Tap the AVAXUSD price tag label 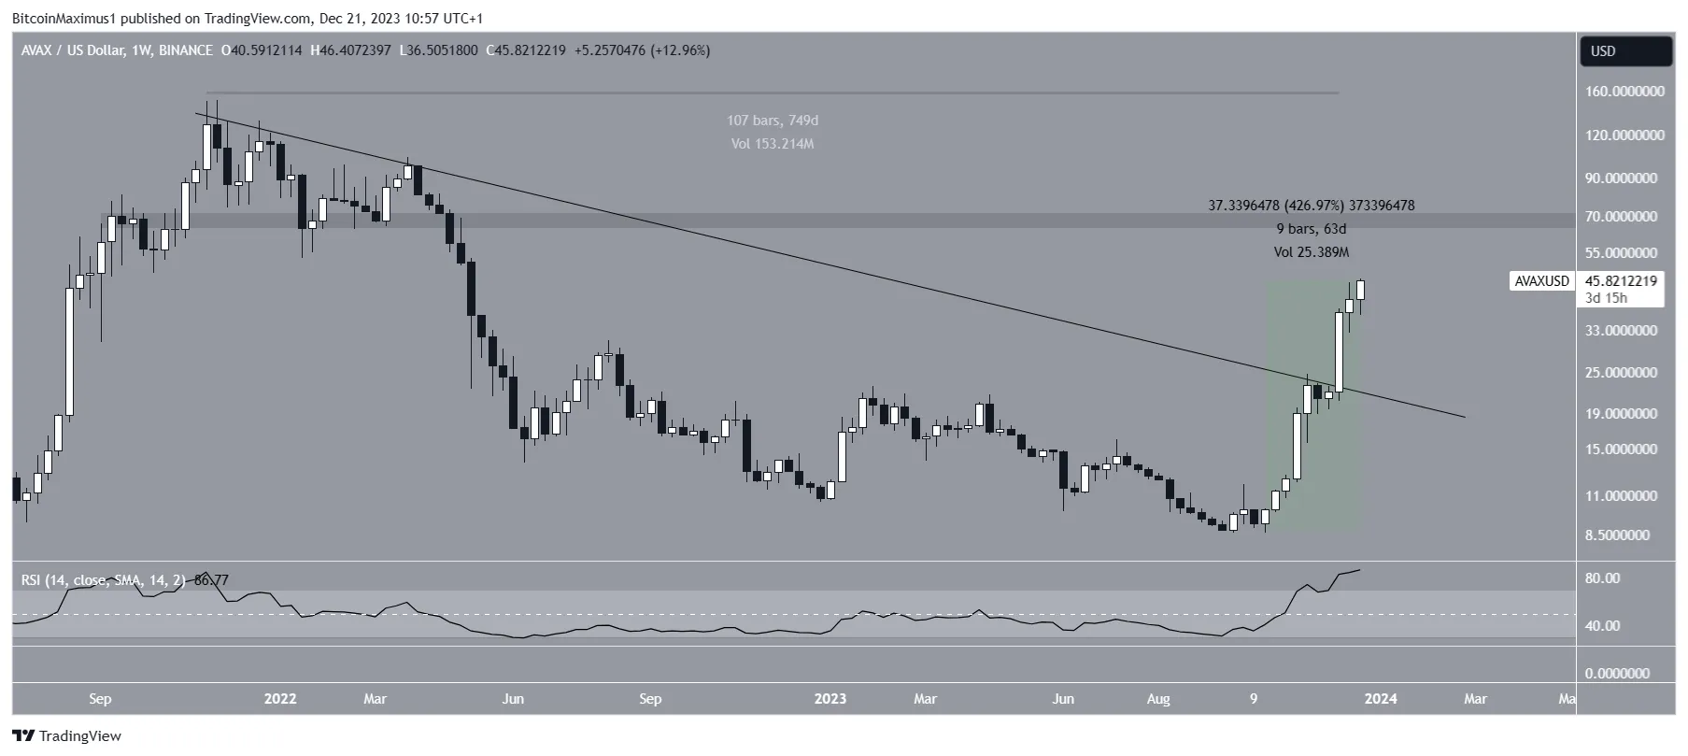1540,280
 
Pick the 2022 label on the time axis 280,699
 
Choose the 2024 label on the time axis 1381,699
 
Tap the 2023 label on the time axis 830,699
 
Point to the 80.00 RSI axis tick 1602,578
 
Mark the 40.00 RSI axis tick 1602,626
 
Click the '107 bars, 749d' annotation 773,121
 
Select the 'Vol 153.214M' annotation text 773,144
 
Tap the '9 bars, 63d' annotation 1312,229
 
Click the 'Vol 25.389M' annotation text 1312,252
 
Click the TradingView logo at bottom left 67,736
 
